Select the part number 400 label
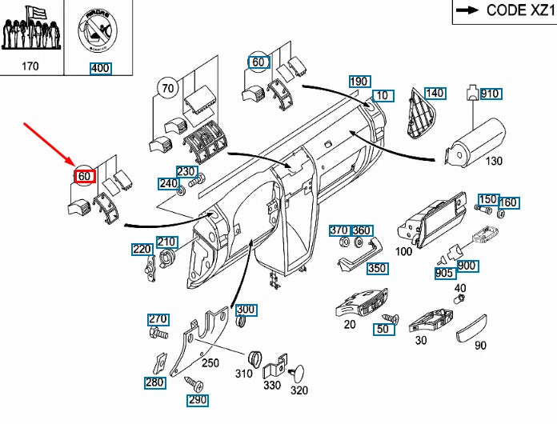click(x=100, y=68)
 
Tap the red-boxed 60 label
click(x=85, y=176)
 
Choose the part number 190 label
click(x=359, y=82)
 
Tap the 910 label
click(x=490, y=94)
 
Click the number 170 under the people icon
click(x=30, y=67)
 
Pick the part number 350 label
click(x=376, y=268)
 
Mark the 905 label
click(x=445, y=274)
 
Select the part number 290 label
click(x=197, y=400)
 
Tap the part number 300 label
click(x=246, y=310)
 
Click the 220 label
click(x=142, y=250)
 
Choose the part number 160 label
click(x=508, y=202)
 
